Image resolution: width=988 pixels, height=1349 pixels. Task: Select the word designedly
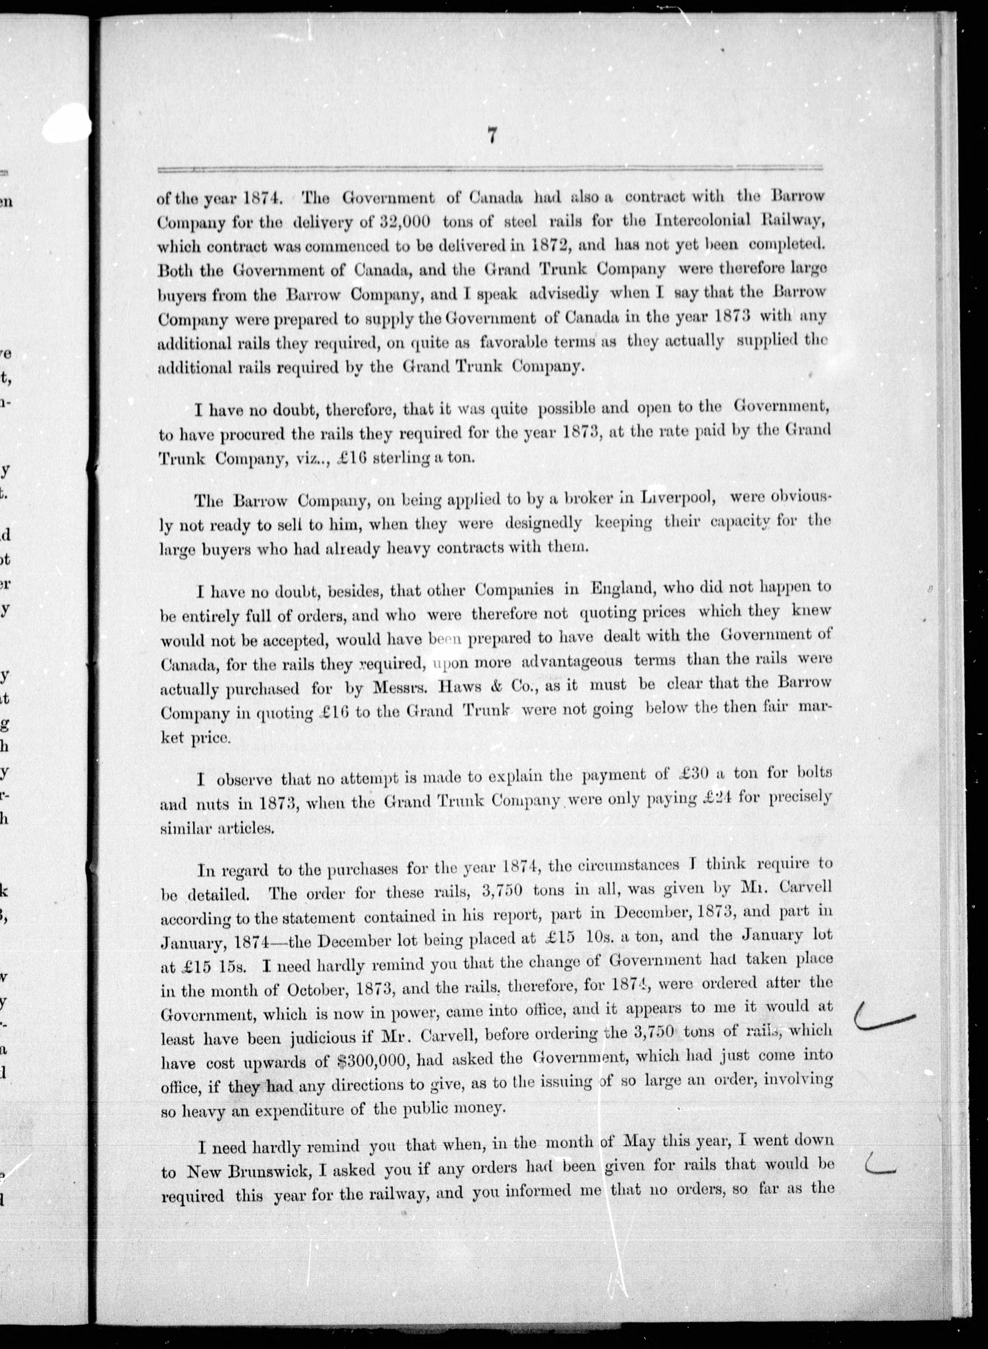click(543, 522)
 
